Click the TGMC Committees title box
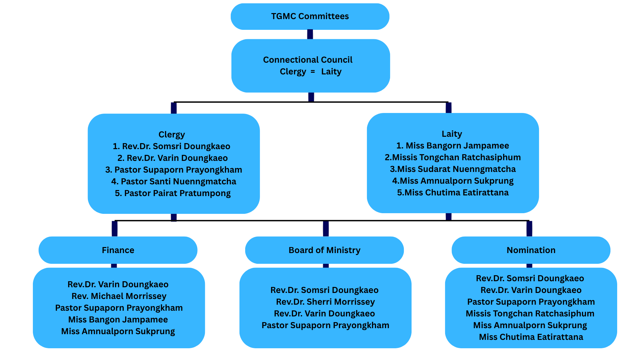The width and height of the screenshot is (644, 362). pyautogui.click(x=310, y=16)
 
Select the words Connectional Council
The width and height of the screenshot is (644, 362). pyautogui.click(x=308, y=60)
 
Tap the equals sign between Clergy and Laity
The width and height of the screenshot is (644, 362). pyautogui.click(x=313, y=71)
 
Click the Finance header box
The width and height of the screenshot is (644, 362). pyautogui.click(x=118, y=250)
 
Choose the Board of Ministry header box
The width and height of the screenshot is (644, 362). pyautogui.click(x=324, y=250)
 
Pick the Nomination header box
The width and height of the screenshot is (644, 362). pyautogui.click(x=531, y=250)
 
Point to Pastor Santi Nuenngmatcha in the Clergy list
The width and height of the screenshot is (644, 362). pyautogui.click(x=174, y=181)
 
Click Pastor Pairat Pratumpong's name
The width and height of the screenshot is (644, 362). pyautogui.click(x=173, y=193)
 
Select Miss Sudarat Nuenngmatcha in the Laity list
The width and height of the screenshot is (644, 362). pyautogui.click(x=453, y=169)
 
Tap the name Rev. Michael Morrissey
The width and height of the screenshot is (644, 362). pyautogui.click(x=119, y=296)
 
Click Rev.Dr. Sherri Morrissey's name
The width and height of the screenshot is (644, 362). pyautogui.click(x=325, y=302)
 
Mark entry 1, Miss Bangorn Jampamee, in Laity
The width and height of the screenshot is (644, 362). pyautogui.click(x=453, y=145)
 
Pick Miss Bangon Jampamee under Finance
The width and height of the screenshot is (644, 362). pyautogui.click(x=118, y=320)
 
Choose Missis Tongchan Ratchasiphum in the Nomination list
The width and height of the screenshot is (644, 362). pyautogui.click(x=530, y=314)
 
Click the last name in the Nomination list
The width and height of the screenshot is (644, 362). pyautogui.click(x=531, y=337)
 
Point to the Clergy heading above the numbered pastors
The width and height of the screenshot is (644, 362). pyautogui.click(x=171, y=135)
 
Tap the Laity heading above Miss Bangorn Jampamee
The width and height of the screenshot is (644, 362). pyautogui.click(x=452, y=134)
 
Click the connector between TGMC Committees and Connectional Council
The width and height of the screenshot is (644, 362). pyautogui.click(x=310, y=35)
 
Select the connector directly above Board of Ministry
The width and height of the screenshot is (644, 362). pyautogui.click(x=326, y=229)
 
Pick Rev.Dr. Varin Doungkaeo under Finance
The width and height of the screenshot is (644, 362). pyautogui.click(x=118, y=285)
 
